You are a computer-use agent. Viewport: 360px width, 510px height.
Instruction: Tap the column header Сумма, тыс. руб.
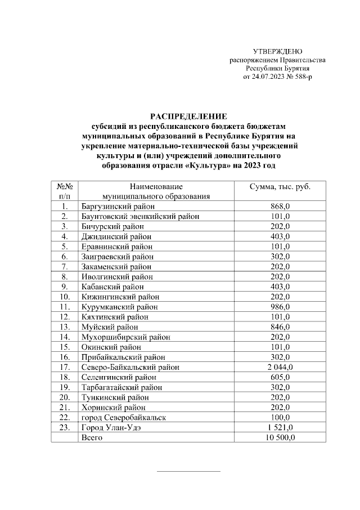[x=280, y=187]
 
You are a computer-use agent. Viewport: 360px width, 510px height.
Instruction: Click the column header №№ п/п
[x=65, y=191]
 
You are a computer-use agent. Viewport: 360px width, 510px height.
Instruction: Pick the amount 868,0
[x=280, y=207]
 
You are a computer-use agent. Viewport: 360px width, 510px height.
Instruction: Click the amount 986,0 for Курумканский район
[x=280, y=307]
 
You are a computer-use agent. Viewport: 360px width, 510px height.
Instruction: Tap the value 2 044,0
[x=280, y=367]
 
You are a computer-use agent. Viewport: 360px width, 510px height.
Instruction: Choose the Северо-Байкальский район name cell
[x=130, y=367]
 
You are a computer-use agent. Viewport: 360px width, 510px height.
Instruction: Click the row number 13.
[x=65, y=327]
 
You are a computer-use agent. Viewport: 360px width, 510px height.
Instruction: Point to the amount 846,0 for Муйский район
[x=280, y=327]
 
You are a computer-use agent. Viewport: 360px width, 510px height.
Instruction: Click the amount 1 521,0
[x=280, y=427]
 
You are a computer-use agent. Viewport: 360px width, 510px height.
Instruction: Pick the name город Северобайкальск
[x=124, y=417]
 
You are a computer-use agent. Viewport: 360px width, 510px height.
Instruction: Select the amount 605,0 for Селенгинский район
[x=280, y=377]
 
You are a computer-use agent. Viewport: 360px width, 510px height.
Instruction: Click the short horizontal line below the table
[x=188, y=471]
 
